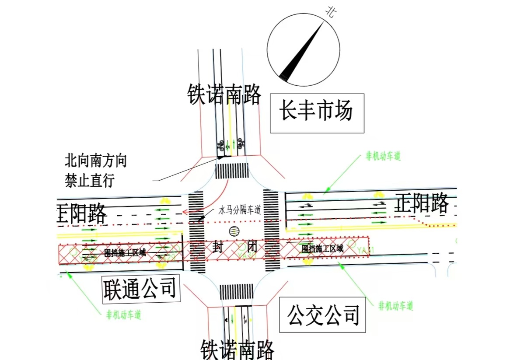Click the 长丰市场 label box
pos(317,113)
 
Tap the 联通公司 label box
pos(141,289)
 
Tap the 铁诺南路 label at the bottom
pos(238,349)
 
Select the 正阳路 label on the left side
pos(82,213)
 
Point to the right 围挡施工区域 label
pos(322,248)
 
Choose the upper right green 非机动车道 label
pos(383,156)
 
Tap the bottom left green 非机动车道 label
pos(124,315)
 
